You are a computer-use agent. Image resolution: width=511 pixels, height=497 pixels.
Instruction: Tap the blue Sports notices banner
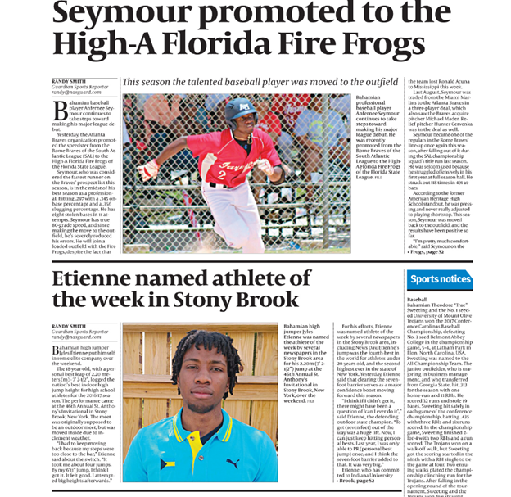440,280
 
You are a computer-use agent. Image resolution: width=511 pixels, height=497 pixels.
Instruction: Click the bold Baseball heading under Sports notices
418,300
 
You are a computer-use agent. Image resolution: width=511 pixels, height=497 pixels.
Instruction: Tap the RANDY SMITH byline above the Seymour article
69,82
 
